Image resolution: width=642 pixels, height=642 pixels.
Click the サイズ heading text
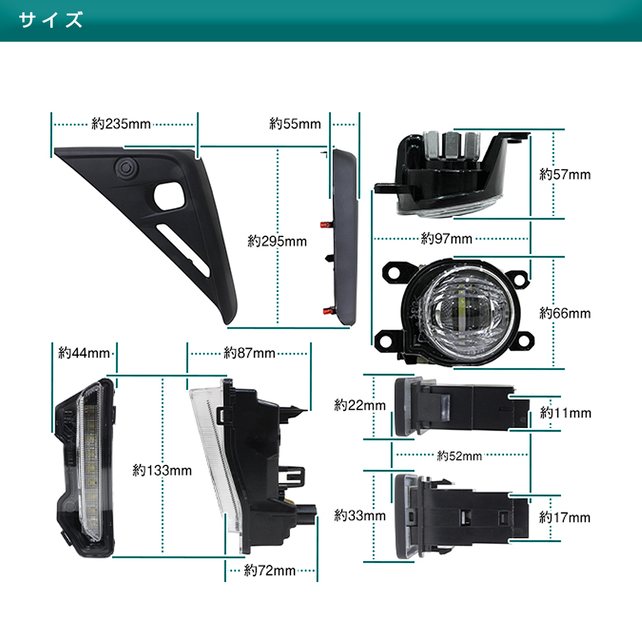point(51,20)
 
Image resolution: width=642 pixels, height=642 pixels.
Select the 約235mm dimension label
point(121,124)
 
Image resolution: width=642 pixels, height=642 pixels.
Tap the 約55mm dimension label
point(295,124)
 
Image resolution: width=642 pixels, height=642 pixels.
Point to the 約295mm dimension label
point(277,241)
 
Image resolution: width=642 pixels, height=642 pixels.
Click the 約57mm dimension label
point(565,174)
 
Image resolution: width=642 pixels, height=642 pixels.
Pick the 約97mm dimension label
point(446,239)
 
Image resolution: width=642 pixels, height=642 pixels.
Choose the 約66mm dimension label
point(565,313)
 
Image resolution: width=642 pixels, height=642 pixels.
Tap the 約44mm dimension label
point(84,353)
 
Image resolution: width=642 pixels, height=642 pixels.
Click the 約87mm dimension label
point(249,353)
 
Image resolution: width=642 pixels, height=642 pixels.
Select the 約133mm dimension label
point(162,470)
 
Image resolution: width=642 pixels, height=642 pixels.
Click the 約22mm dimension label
point(360,405)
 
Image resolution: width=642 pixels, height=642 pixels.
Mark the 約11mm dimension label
point(565,413)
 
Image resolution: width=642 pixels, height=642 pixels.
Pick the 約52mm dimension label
point(460,456)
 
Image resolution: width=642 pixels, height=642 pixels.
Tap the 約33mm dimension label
point(360,516)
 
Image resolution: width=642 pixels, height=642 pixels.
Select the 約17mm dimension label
point(565,517)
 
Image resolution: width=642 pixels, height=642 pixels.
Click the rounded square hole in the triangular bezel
point(169,196)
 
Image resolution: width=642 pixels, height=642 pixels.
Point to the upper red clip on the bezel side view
point(325,225)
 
